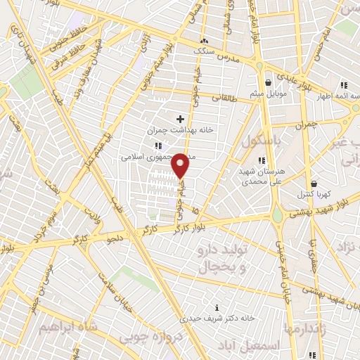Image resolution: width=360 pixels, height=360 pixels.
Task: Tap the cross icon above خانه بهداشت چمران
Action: (x=181, y=119)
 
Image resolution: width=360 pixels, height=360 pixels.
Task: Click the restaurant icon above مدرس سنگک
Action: (x=204, y=41)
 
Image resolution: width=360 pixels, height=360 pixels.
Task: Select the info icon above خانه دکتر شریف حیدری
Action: (x=217, y=307)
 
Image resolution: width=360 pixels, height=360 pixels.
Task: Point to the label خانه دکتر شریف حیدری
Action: (x=217, y=318)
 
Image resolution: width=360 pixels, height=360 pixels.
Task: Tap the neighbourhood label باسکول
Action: (x=260, y=141)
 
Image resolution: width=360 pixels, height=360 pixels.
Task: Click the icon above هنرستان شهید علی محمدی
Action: (x=262, y=141)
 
